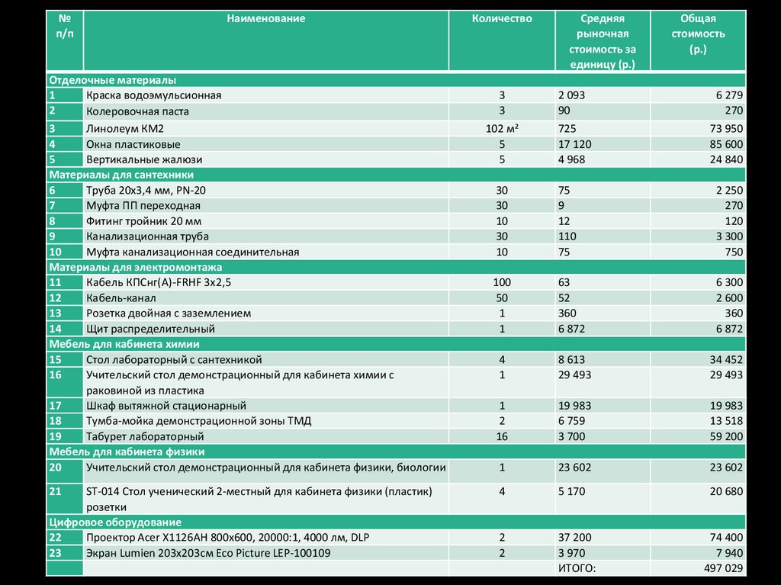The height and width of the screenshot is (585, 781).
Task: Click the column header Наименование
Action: tap(265, 18)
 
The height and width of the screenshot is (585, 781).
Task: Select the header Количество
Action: tap(501, 18)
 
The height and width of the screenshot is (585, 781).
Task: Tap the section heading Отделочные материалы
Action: tap(112, 80)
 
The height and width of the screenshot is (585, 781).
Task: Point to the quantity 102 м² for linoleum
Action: tap(502, 128)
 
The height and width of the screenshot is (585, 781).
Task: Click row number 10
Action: tap(55, 252)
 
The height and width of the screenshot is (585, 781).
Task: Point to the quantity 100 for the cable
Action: tap(502, 282)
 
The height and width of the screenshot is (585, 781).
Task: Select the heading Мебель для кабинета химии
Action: tap(124, 344)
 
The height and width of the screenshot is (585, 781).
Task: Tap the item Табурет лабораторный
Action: tap(145, 436)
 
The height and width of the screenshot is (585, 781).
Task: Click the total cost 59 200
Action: tap(724, 436)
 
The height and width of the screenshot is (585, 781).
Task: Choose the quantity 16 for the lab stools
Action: tap(502, 436)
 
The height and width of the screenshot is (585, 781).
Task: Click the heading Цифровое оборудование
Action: tap(114, 522)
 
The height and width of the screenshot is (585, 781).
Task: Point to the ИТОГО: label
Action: tap(577, 568)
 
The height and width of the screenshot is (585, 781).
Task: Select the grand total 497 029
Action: tap(721, 568)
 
